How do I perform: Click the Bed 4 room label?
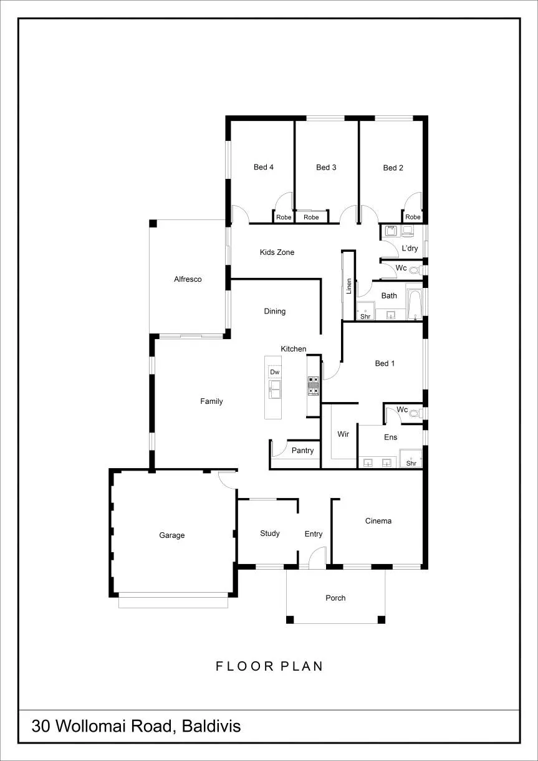[264, 167]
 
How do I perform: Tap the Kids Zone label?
[277, 252]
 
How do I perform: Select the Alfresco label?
[188, 279]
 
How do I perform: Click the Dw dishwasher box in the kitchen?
[274, 372]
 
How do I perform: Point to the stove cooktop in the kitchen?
[314, 386]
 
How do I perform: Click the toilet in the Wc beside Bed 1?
[414, 413]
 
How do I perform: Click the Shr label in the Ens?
[411, 463]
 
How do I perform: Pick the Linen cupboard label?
[348, 286]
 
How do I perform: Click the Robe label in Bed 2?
[413, 217]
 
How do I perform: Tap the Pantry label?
[302, 451]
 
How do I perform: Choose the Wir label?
[343, 434]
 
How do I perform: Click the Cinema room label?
[378, 521]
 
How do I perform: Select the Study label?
[270, 534]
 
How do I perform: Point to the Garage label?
[172, 535]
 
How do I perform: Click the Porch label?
[335, 598]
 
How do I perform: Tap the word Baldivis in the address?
[211, 726]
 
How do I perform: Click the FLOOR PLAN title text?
[269, 666]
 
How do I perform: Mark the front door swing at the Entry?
[315, 553]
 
